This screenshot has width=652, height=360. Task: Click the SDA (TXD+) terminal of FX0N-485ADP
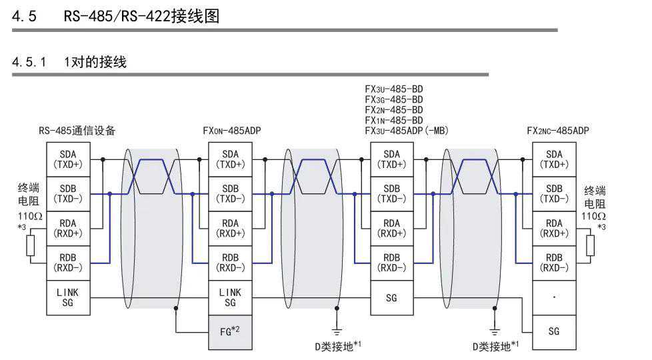pyautogui.click(x=230, y=159)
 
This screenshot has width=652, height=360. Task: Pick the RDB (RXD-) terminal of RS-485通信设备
pyautogui.click(x=67, y=263)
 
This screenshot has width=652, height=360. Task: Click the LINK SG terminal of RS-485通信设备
pyautogui.click(x=67, y=297)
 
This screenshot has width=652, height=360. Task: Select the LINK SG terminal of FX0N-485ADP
pyautogui.click(x=230, y=297)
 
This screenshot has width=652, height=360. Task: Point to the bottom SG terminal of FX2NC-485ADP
pyautogui.click(x=554, y=331)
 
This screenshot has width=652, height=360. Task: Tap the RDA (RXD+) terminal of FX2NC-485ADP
pyautogui.click(x=554, y=228)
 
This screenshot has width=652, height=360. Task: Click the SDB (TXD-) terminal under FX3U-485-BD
pyautogui.click(x=391, y=193)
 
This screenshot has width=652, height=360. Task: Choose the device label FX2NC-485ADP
pyautogui.click(x=558, y=131)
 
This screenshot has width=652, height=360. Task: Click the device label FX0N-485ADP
pyautogui.click(x=232, y=131)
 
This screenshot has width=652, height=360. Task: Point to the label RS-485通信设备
pyautogui.click(x=77, y=131)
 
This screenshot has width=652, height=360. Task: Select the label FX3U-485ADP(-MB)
pyautogui.click(x=407, y=131)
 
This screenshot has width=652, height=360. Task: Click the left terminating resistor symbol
pyautogui.click(x=29, y=245)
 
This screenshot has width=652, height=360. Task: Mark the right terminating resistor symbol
pyautogui.click(x=590, y=245)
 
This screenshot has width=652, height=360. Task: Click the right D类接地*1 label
pyautogui.click(x=495, y=345)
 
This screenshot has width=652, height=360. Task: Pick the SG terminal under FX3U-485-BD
pyautogui.click(x=391, y=297)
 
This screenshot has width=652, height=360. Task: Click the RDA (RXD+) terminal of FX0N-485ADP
pyautogui.click(x=230, y=228)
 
